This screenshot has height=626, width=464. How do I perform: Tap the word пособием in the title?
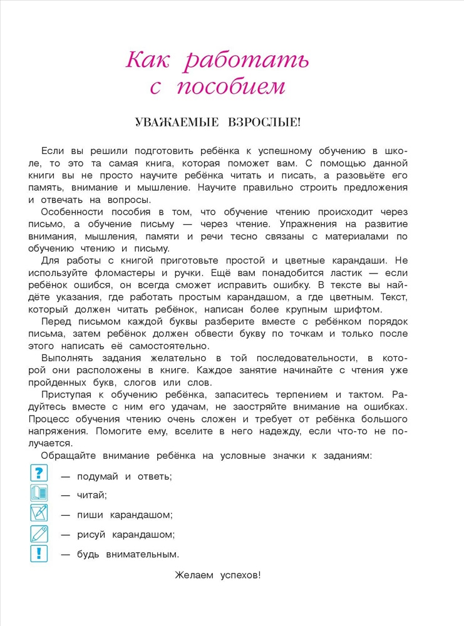pos(231,87)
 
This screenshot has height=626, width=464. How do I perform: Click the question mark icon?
pos(39,473)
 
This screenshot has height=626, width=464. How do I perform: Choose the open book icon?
pos(39,493)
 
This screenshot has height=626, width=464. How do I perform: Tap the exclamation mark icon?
pos(39,553)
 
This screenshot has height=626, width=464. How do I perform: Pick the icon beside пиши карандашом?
pos(39,513)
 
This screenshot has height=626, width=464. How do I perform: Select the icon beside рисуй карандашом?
pos(39,533)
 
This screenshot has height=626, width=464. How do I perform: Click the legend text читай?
pos(92,495)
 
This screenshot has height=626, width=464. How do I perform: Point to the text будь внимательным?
pos(128,554)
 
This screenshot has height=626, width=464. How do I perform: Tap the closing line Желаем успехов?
pos(217,575)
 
